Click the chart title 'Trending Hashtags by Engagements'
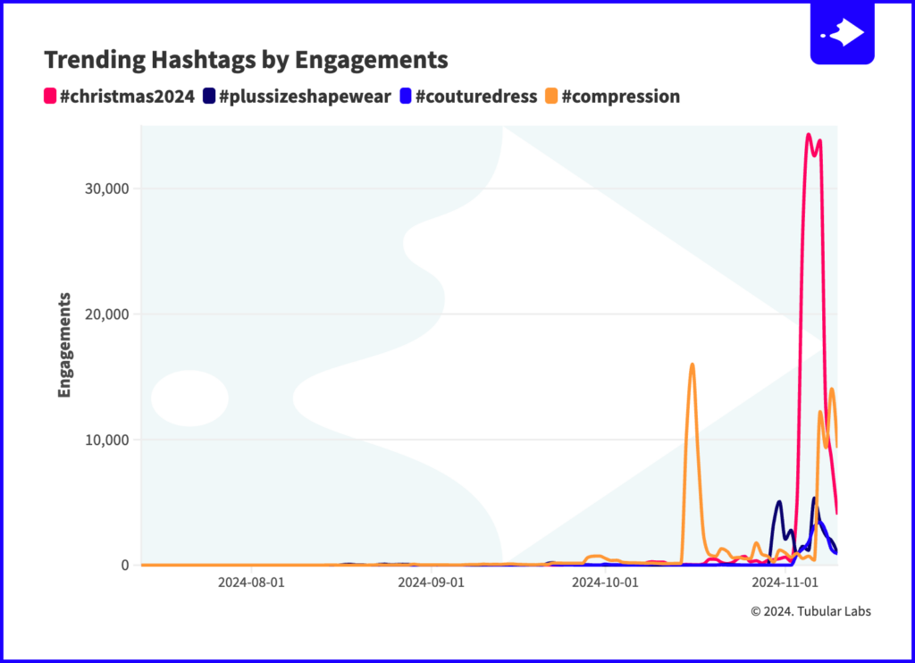(x=246, y=60)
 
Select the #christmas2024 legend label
(x=126, y=97)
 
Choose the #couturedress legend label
(x=476, y=97)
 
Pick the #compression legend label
(x=620, y=97)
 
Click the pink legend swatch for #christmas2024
(x=50, y=97)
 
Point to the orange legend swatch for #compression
(x=551, y=97)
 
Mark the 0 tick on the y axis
(x=124, y=566)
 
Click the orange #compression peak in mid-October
(x=693, y=365)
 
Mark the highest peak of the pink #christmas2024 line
(x=808, y=135)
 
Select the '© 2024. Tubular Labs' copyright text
(x=810, y=611)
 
